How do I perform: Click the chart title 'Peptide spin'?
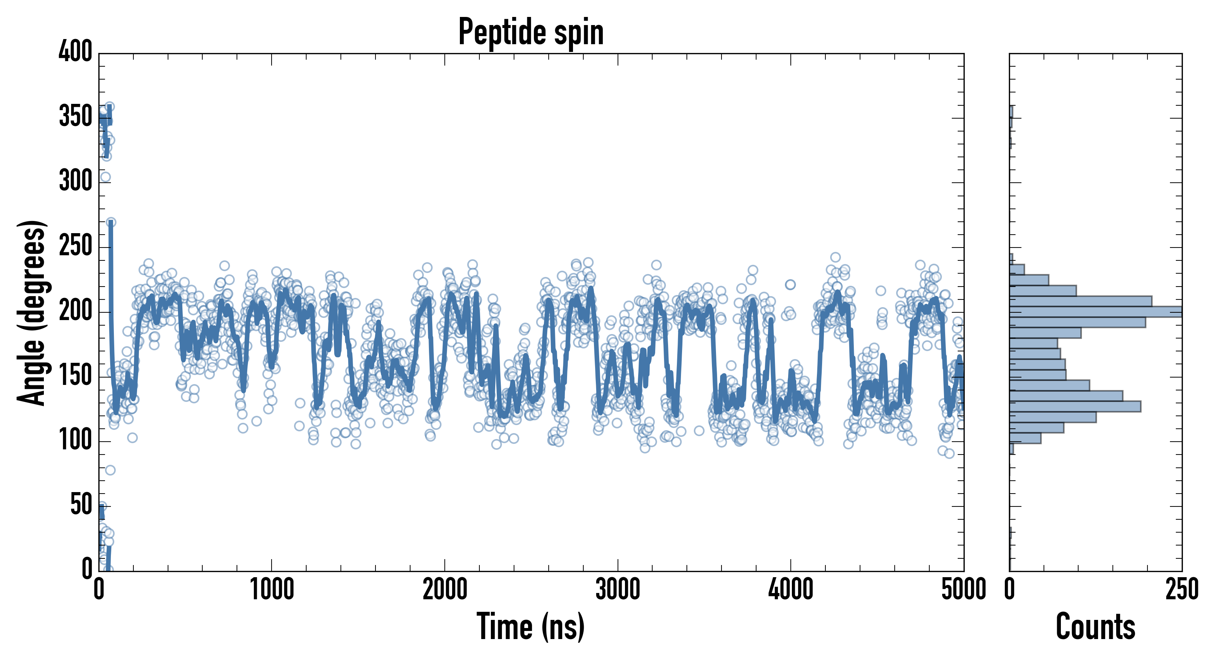click(531, 32)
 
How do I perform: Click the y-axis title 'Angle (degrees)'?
click(32, 312)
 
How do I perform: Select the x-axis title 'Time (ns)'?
click(531, 627)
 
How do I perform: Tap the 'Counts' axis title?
click(1096, 627)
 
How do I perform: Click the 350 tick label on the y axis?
click(76, 116)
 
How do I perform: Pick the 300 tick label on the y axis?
click(76, 181)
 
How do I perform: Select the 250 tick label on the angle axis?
click(76, 245)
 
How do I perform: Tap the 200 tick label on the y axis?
click(76, 311)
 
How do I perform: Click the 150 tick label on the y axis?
click(76, 375)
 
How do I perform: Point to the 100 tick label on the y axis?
click(76, 440)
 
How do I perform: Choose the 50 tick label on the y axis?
click(81, 505)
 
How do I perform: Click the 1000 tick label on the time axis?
click(272, 590)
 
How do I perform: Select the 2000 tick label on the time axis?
click(445, 590)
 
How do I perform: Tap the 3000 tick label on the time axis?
click(618, 590)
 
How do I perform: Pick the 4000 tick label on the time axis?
click(791, 590)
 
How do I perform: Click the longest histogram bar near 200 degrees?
click(1095, 312)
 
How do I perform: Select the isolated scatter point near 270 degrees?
click(111, 222)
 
